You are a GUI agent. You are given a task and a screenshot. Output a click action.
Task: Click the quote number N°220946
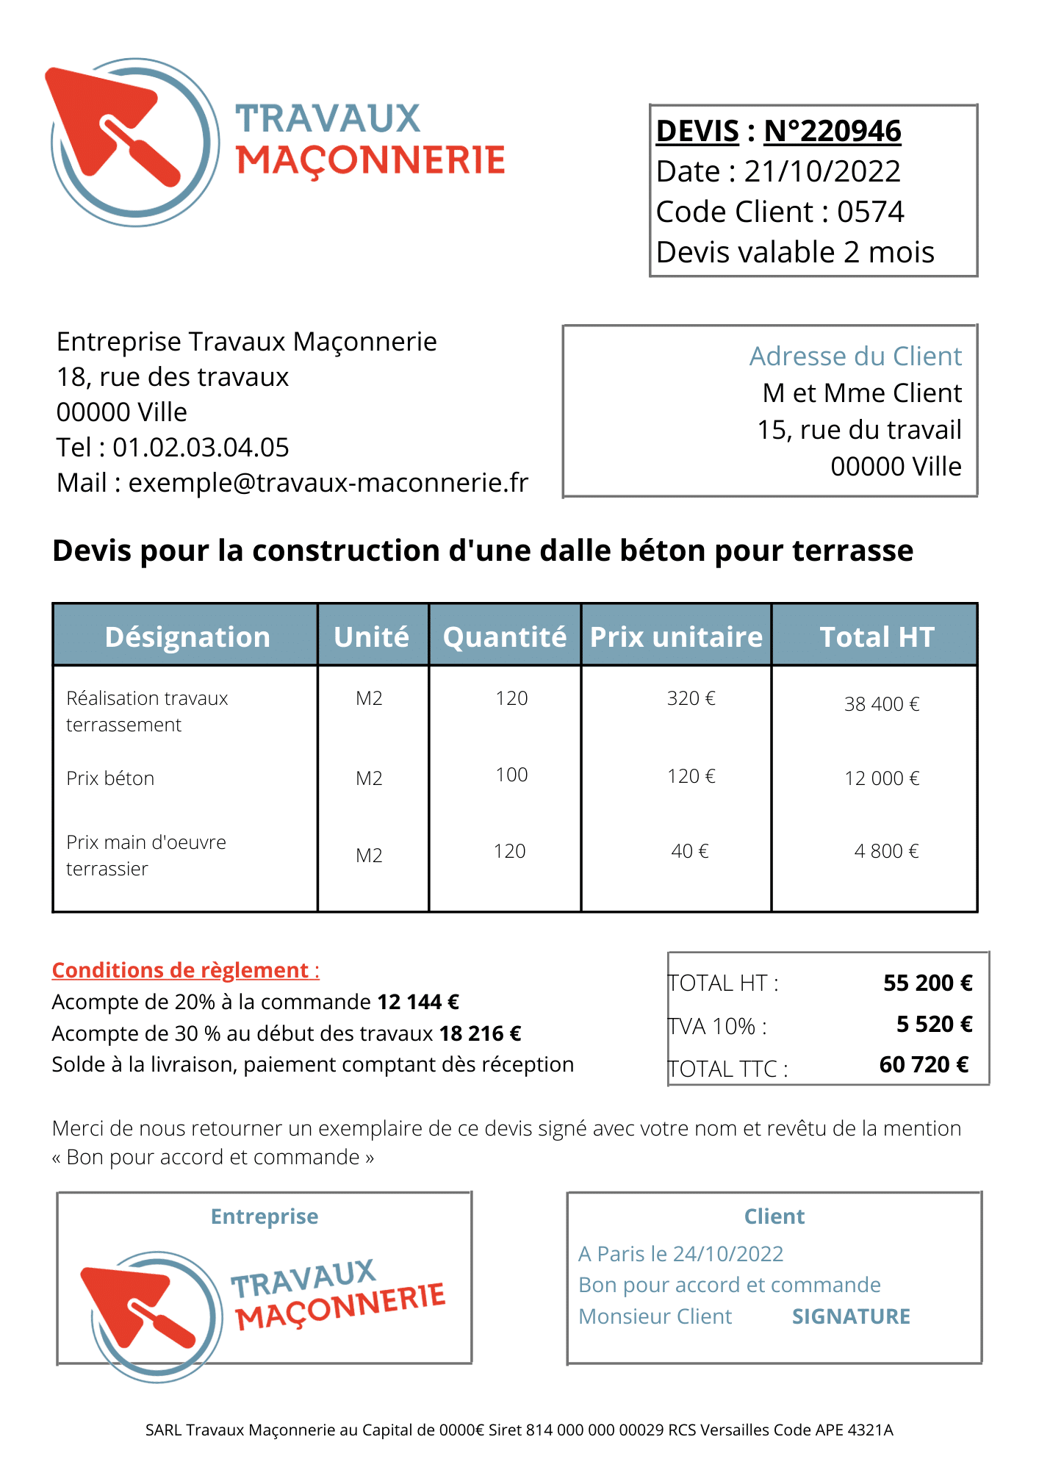point(832,132)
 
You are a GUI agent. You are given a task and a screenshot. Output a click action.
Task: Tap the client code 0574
point(870,212)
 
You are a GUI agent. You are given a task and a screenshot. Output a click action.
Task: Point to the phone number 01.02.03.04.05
point(201,448)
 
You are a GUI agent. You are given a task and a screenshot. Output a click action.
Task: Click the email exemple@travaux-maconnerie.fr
point(328,483)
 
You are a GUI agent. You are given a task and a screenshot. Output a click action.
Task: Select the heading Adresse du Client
point(855,356)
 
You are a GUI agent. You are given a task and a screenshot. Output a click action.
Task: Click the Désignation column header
point(187,637)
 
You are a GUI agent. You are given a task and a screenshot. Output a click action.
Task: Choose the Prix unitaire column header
point(676,637)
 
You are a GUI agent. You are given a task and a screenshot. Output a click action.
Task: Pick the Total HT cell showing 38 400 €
point(881,704)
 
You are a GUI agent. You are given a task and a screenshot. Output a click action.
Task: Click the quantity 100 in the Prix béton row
point(511,775)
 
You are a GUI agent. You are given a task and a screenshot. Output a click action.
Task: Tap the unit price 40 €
point(689,851)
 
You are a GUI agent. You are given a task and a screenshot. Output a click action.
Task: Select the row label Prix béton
point(110,778)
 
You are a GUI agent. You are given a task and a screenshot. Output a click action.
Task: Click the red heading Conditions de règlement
point(185,970)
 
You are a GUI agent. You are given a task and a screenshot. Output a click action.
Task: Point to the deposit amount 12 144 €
point(417,1002)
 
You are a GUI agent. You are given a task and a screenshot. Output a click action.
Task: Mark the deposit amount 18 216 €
point(480,1033)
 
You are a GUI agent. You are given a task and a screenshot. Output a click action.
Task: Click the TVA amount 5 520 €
point(933,1024)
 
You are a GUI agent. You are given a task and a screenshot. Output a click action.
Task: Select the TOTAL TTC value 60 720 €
point(924,1064)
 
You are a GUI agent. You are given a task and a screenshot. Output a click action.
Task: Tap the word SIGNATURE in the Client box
point(850,1316)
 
